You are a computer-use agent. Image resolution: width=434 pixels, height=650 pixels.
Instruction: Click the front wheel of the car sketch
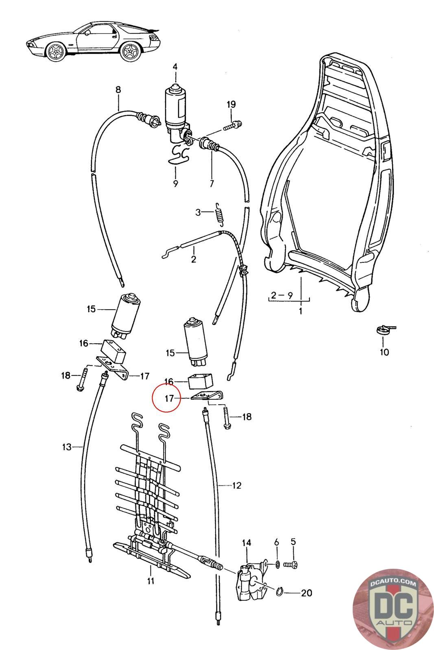click(55, 53)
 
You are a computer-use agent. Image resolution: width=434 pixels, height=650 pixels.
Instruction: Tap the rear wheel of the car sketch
click(131, 53)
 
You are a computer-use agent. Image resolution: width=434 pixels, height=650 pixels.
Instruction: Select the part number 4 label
click(175, 67)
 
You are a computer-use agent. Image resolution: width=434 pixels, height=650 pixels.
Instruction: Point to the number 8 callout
click(118, 90)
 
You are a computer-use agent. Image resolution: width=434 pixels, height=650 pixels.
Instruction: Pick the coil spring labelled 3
click(220, 213)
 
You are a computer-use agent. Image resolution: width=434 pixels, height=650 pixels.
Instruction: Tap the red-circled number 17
click(170, 399)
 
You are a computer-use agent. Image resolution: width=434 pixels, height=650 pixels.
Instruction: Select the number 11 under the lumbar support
click(150, 581)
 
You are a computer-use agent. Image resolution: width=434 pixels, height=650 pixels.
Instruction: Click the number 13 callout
click(67, 447)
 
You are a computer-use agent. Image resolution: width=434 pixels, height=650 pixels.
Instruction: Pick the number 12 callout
click(237, 485)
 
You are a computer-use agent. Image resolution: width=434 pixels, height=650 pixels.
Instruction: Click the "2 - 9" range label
click(282, 295)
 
